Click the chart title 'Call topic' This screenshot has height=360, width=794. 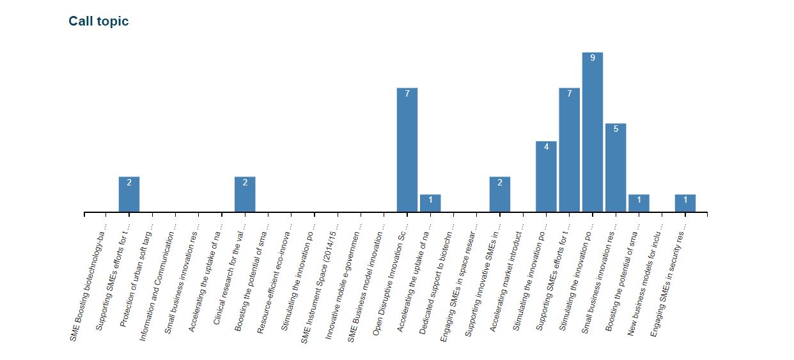coord(98,21)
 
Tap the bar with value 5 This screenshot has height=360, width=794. coord(616,168)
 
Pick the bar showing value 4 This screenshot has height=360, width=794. coord(546,176)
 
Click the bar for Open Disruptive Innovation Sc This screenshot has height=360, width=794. coord(407,150)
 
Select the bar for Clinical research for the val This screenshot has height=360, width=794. coord(245,194)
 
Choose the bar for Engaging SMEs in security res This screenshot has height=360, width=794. coord(685,203)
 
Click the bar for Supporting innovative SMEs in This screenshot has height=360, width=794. coord(500,194)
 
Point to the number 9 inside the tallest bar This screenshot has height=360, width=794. coord(593,58)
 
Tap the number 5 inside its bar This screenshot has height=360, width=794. coord(616,129)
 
